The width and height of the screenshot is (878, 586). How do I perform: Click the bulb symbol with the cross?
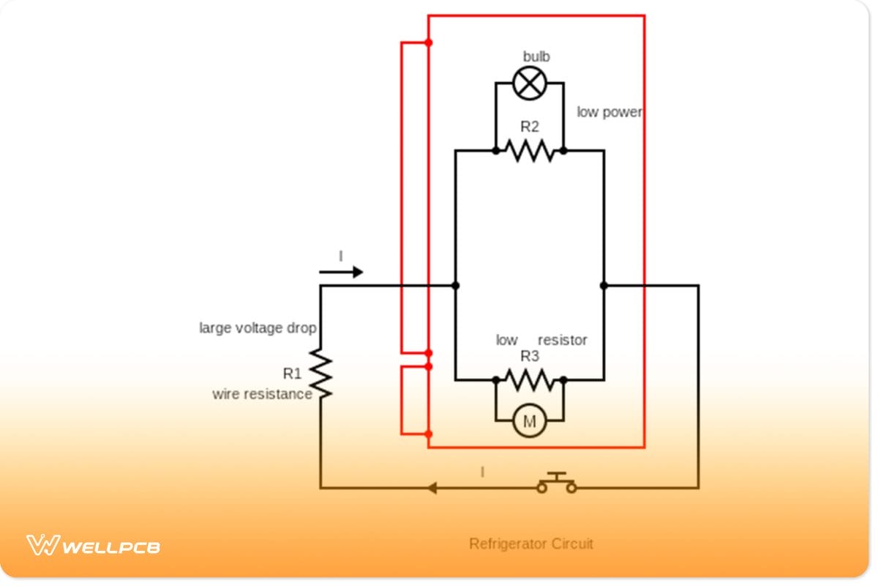[x=530, y=83]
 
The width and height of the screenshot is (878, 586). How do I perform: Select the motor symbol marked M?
[x=530, y=421]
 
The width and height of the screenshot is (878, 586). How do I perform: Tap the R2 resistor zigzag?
[x=530, y=151]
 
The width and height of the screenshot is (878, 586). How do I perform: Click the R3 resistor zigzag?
[x=530, y=379]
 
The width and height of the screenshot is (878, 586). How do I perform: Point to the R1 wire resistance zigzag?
[x=320, y=374]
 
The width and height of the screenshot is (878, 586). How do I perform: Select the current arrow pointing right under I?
[x=341, y=272]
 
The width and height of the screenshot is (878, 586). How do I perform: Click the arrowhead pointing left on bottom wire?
[x=432, y=488]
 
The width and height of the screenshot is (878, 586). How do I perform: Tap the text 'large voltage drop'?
[x=258, y=328]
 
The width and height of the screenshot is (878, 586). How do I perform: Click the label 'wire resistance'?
[x=262, y=394]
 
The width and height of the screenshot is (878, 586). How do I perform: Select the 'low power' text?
[x=609, y=112]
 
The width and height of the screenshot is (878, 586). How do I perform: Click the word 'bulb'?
[x=536, y=56]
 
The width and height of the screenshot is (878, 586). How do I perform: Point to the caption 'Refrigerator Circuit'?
[x=531, y=544]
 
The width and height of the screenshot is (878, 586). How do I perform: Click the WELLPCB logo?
[x=94, y=546]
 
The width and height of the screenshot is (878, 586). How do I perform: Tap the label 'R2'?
[x=530, y=127]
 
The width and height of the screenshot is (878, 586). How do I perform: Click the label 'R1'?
[x=292, y=374]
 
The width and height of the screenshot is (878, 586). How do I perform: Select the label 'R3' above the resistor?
[x=530, y=357]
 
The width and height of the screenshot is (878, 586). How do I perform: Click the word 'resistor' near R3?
[x=563, y=341]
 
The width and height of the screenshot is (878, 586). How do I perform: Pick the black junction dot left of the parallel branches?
[x=455, y=286]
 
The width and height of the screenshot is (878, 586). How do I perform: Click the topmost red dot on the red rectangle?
[x=429, y=42]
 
